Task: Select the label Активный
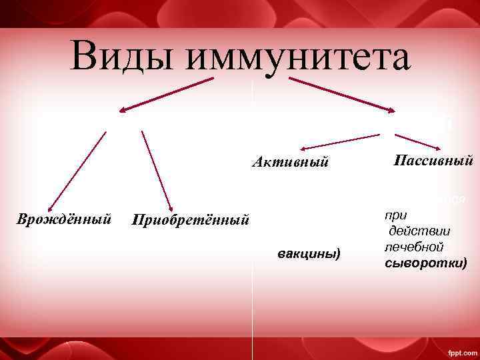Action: [x=291, y=161]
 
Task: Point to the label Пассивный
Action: [x=433, y=160]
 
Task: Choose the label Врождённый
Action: [x=64, y=218]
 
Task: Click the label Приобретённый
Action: [x=191, y=219]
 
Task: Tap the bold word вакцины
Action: [x=306, y=253]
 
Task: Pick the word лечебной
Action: [x=410, y=246]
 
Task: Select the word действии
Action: [x=421, y=231]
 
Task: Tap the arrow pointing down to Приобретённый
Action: [x=157, y=170]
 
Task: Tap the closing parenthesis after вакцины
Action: [x=339, y=253]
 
